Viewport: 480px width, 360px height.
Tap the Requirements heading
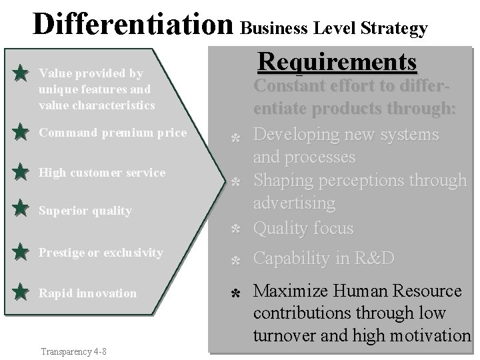point(337,62)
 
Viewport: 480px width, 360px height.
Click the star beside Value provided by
point(21,72)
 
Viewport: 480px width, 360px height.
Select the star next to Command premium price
point(21,133)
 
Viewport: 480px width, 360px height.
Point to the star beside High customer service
point(21,172)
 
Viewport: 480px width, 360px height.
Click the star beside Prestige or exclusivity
point(21,253)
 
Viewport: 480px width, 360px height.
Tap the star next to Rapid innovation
point(21,292)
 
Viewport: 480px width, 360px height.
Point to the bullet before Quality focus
point(235,230)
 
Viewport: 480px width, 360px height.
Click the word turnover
point(287,336)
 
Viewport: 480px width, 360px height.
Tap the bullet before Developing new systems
point(235,137)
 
